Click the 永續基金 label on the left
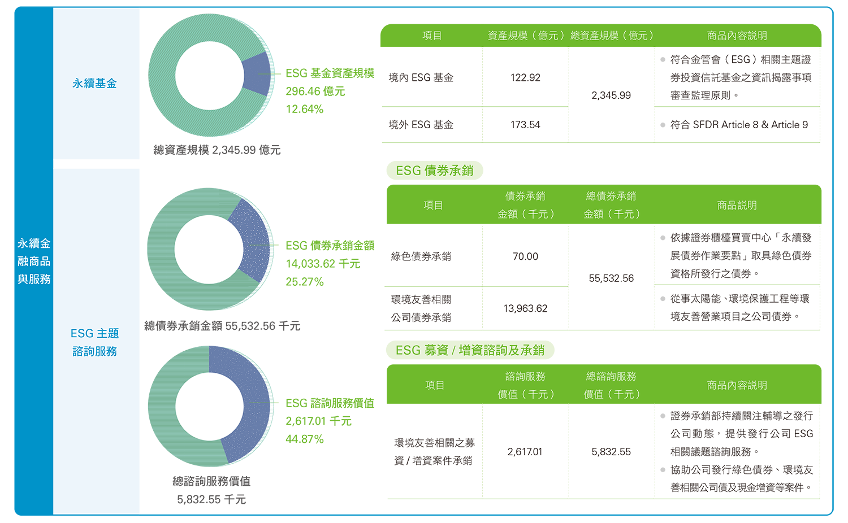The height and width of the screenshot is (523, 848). [x=94, y=84]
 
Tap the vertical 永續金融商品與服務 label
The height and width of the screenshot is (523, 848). [x=34, y=261]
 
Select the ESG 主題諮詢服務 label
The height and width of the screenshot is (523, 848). [x=94, y=342]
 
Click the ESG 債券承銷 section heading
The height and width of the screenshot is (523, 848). [x=434, y=171]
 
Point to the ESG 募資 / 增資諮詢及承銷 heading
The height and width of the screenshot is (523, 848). [x=469, y=350]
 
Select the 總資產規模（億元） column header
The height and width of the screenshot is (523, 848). [x=612, y=36]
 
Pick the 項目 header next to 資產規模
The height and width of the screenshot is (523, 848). [x=432, y=36]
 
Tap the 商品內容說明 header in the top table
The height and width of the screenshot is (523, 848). [x=737, y=36]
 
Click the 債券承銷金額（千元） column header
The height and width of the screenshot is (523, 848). [x=525, y=205]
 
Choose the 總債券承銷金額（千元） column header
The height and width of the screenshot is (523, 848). [x=611, y=205]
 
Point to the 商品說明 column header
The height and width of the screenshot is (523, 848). [x=737, y=206]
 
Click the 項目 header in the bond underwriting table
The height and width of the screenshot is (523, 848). [x=433, y=206]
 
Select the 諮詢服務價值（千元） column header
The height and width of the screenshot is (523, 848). [x=525, y=385]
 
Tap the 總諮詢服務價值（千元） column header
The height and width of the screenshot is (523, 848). [x=611, y=385]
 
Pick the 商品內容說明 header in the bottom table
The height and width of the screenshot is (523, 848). [x=737, y=385]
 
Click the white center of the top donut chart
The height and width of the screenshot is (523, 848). [x=209, y=76]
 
